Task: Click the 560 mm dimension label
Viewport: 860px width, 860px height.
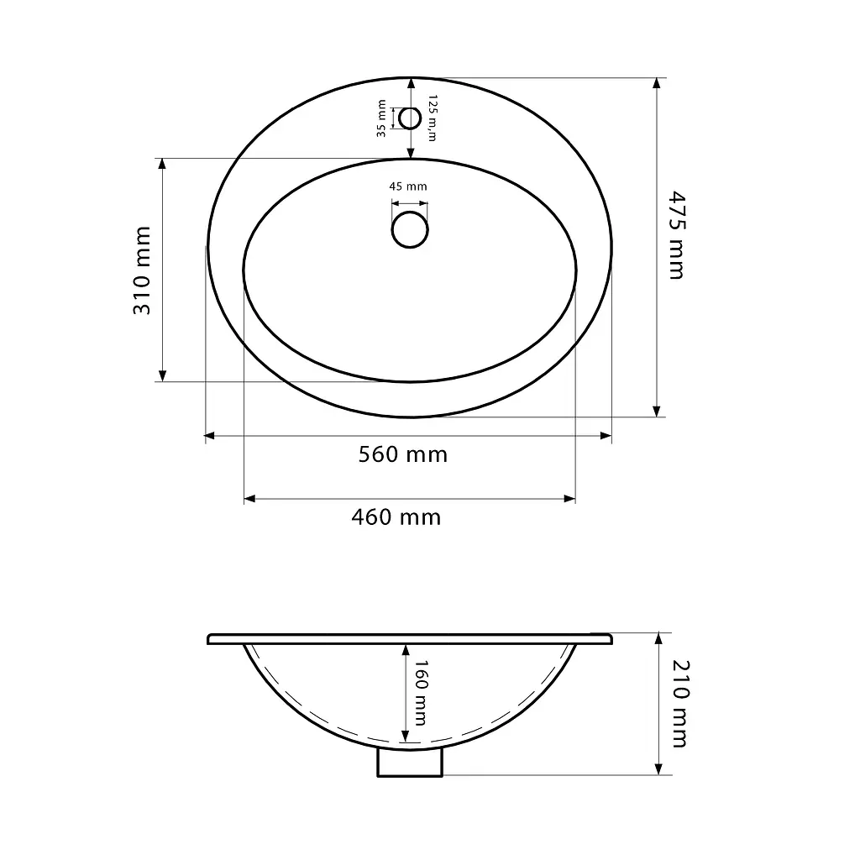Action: pos(403,454)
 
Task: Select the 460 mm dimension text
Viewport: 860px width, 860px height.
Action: pos(396,517)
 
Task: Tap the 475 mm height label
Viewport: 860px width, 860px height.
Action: pos(678,235)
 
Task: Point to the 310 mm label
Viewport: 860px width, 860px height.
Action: pos(142,270)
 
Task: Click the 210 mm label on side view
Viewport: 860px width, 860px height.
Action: pos(680,704)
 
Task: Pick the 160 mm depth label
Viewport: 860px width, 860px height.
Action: pos(420,693)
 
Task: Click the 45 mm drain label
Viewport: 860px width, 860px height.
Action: pos(408,186)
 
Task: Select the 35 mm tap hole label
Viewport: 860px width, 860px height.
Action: pos(381,118)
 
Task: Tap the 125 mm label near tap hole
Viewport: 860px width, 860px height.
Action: pos(433,118)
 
